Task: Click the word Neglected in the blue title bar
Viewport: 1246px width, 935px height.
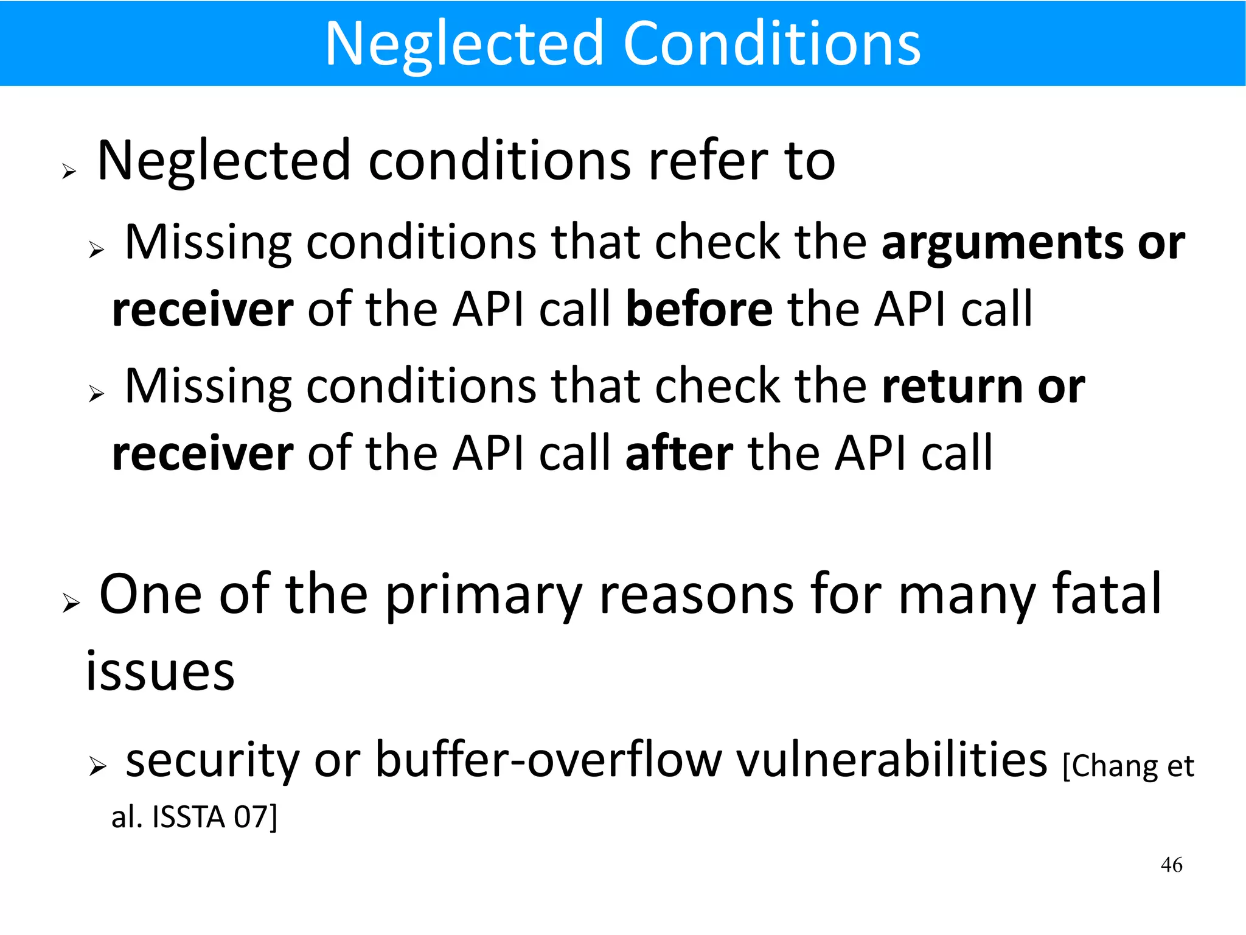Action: (x=464, y=44)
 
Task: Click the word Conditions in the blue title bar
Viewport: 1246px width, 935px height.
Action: (x=772, y=44)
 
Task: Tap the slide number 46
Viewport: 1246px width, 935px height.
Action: (x=1171, y=864)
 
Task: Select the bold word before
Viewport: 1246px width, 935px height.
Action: (x=699, y=310)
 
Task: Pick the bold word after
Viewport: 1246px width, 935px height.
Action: (x=679, y=453)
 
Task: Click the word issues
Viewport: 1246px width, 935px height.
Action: (x=160, y=671)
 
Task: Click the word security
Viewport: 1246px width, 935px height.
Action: (x=212, y=762)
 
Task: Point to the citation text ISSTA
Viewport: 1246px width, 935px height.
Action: (x=189, y=818)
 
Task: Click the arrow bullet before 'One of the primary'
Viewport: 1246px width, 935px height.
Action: (x=71, y=603)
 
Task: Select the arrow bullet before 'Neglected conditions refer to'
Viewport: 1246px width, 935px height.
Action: (x=69, y=172)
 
